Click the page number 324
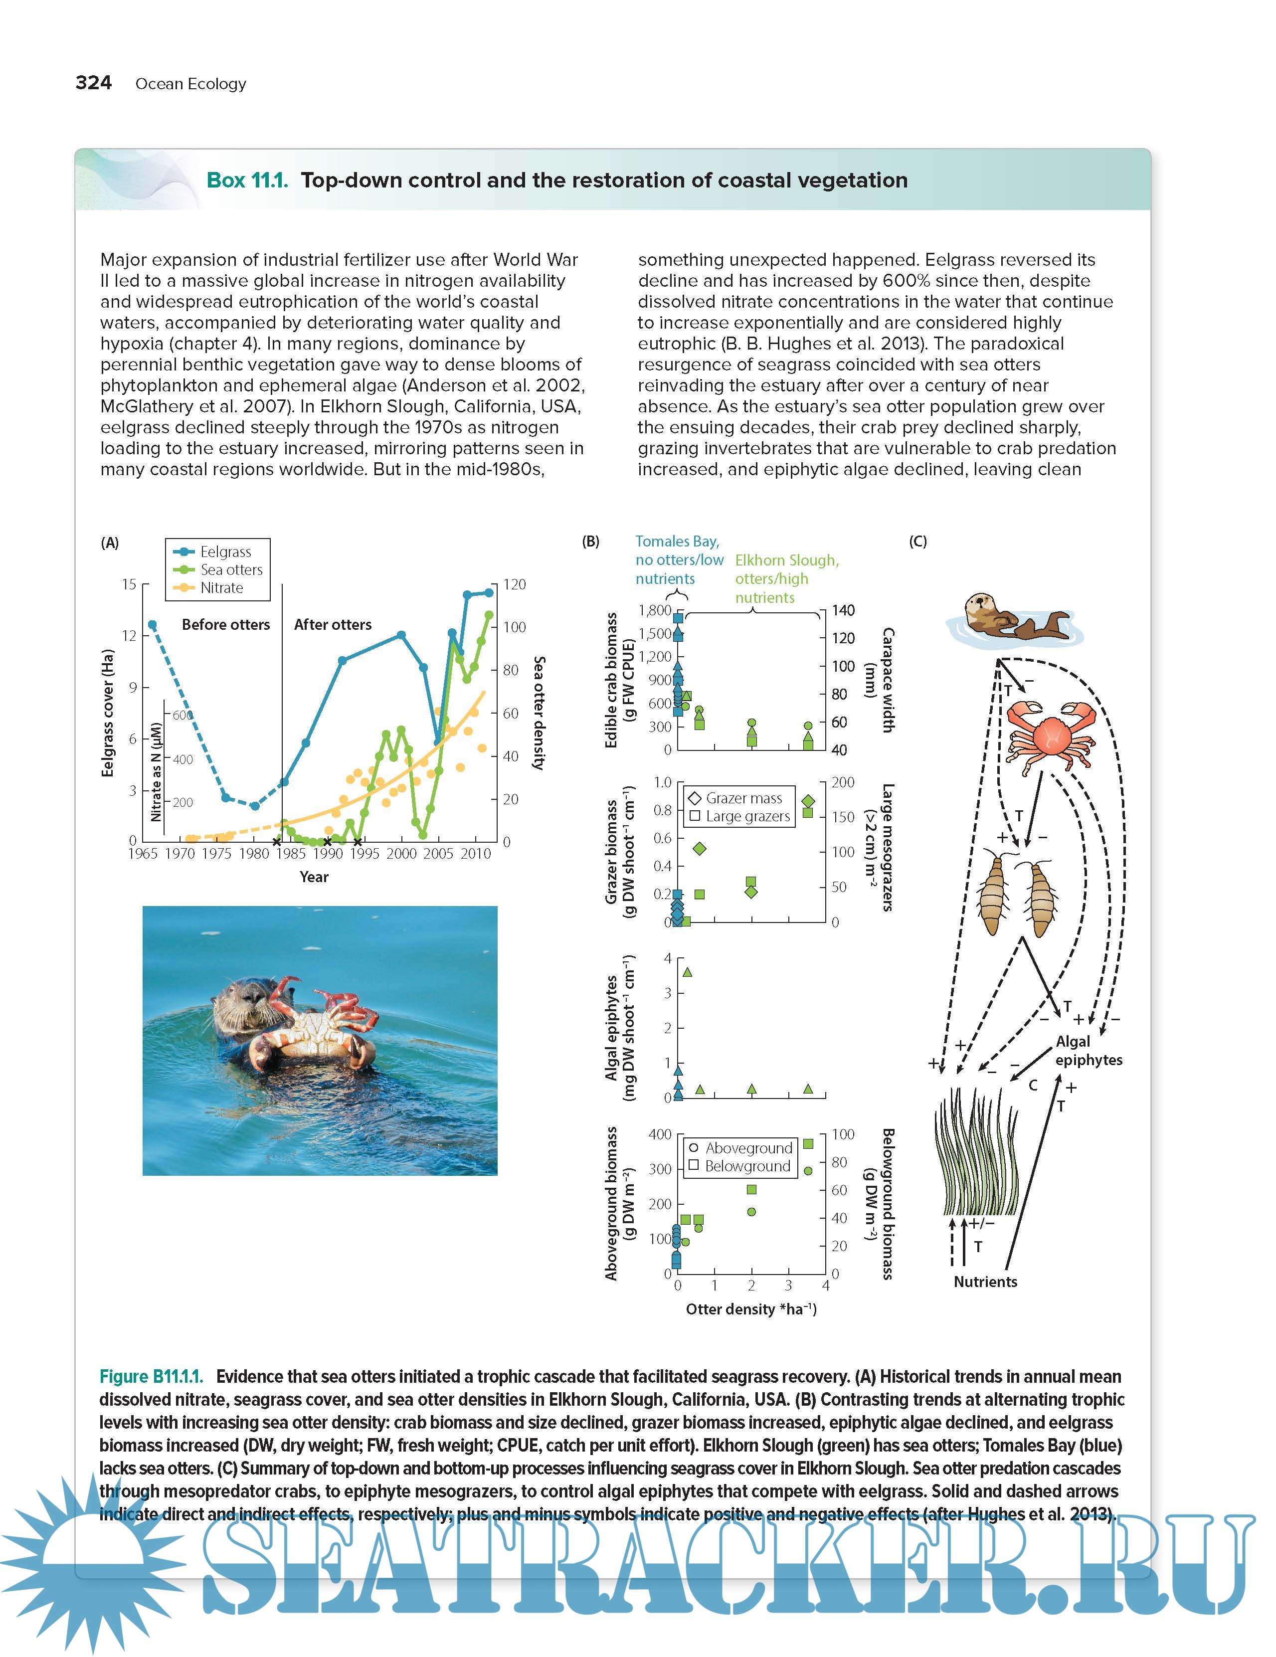[93, 83]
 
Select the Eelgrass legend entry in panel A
[224, 552]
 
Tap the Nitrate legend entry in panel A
[221, 588]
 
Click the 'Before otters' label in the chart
[225, 624]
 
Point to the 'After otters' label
[332, 624]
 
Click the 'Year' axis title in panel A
[313, 877]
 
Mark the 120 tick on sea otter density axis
[515, 584]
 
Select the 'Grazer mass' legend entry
[742, 798]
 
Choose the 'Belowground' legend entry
[746, 1166]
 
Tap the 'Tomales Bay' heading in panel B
[677, 542]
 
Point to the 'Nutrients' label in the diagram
[985, 1282]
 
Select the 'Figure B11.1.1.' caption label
[151, 1376]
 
